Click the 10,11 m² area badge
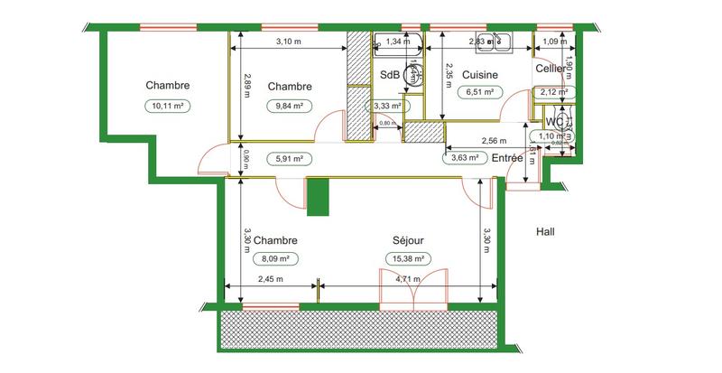pos(167,105)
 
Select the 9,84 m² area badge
pos(289,105)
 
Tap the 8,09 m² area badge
pos(275,258)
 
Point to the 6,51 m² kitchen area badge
pos(479,91)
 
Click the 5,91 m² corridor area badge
pos(289,158)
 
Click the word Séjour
pos(409,241)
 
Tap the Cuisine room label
pos(481,74)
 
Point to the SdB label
pos(390,75)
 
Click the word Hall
pos(545,231)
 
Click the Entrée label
pos(508,158)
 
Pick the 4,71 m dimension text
pos(409,279)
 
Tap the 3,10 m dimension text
pos(288,42)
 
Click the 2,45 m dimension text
pos(270,279)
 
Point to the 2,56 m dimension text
pos(494,141)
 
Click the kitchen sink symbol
pos(493,42)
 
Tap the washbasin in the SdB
pos(411,76)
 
